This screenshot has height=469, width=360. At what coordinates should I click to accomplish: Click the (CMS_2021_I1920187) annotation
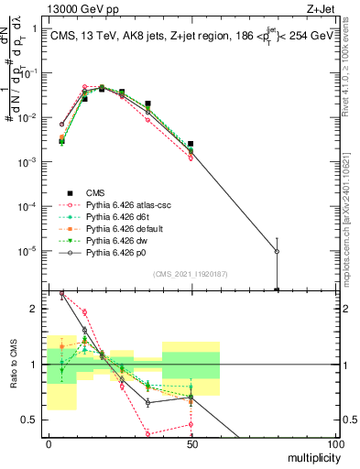tap(191, 273)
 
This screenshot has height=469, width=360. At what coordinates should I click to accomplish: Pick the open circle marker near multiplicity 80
tap(277, 251)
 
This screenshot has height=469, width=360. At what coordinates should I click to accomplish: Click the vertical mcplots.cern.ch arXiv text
tap(352, 211)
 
